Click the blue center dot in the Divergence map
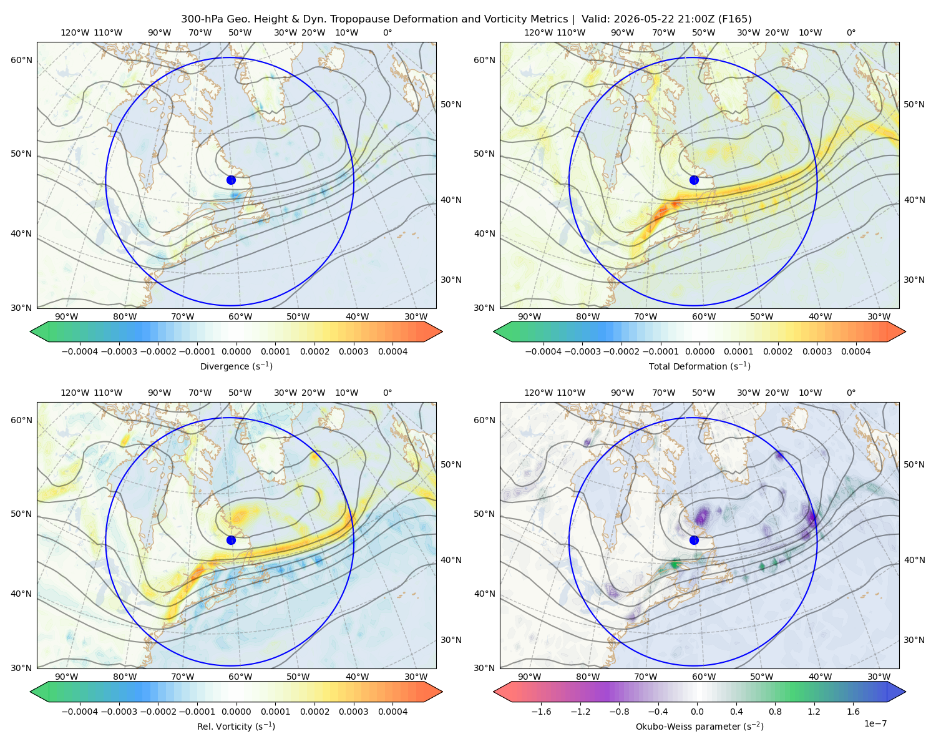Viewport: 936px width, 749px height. [x=231, y=180]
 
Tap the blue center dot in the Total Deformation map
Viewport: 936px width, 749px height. [x=694, y=180]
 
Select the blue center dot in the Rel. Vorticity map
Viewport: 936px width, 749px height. [x=231, y=540]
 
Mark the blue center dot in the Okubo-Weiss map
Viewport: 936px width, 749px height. [x=694, y=540]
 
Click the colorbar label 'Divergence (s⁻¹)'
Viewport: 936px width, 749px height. [x=236, y=366]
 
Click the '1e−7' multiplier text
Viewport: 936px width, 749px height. [x=875, y=723]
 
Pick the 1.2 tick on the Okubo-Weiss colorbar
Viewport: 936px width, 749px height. [x=814, y=711]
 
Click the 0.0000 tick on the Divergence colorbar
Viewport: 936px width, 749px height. [x=236, y=351]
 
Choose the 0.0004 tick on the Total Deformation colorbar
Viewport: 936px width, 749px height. [x=856, y=351]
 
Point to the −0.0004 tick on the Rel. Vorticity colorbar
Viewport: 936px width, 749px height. [x=80, y=711]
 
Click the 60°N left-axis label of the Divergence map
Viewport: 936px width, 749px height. [x=21, y=60]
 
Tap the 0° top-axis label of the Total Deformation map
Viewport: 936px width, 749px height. [x=851, y=32]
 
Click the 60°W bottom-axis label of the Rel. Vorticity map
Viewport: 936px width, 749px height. [x=240, y=677]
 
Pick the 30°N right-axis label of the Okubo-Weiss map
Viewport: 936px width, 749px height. [x=914, y=639]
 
